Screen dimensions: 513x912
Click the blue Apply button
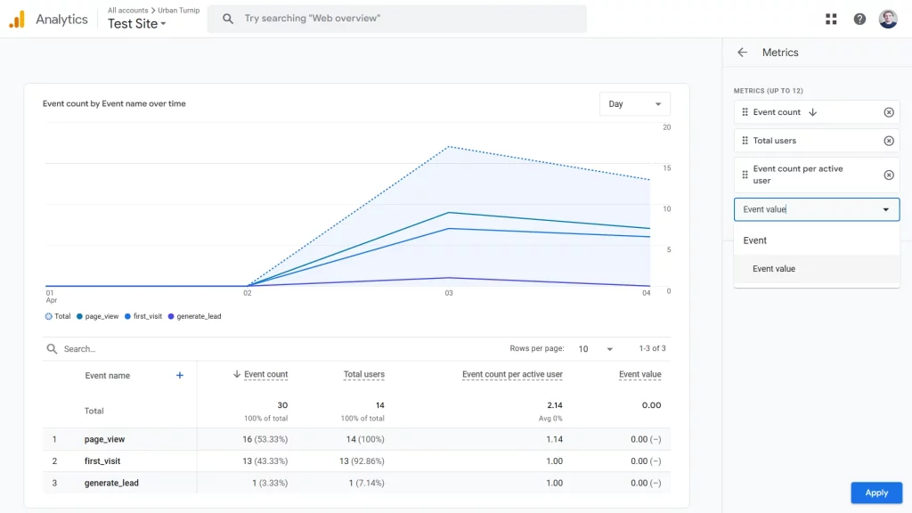[876, 493]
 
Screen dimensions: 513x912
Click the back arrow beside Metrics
[742, 53]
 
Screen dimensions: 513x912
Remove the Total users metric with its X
[888, 141]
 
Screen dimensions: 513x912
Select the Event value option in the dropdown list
[774, 269]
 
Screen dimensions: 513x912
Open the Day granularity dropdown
[634, 104]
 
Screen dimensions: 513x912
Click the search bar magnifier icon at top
[228, 19]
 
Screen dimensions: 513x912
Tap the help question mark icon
[859, 19]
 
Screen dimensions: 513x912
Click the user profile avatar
[888, 19]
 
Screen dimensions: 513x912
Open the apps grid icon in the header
[831, 19]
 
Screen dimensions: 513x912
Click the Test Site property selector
[137, 24]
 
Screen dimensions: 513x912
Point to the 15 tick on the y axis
[667, 168]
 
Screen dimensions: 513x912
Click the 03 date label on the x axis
[449, 293]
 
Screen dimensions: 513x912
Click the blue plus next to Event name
[180, 376]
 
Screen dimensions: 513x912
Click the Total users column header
[363, 375]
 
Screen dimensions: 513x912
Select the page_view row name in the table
[104, 440]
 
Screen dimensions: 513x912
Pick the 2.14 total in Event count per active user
[554, 405]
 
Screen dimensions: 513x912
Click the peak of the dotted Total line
[450, 146]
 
